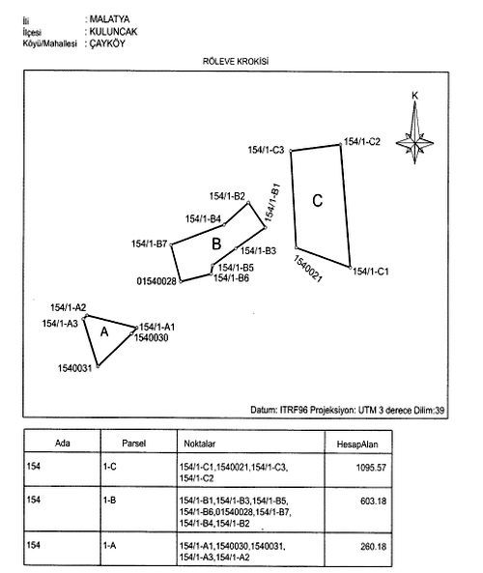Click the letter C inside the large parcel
(x=318, y=201)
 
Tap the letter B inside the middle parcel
(x=216, y=244)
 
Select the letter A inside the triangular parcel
(x=104, y=331)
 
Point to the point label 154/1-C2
(x=362, y=141)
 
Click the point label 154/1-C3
(x=266, y=150)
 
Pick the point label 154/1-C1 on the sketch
(x=371, y=272)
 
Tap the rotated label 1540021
(x=308, y=269)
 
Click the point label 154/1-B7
(x=150, y=244)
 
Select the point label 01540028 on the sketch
(x=156, y=281)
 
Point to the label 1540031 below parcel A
(x=75, y=368)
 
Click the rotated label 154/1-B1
(x=272, y=203)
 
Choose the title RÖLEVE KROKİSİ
(x=236, y=62)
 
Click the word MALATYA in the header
(x=109, y=19)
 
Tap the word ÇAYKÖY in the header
(x=107, y=43)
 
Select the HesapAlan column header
(x=357, y=444)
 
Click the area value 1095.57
(x=371, y=468)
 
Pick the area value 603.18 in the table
(x=373, y=501)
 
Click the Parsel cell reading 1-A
(x=109, y=546)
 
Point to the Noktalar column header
(x=200, y=444)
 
